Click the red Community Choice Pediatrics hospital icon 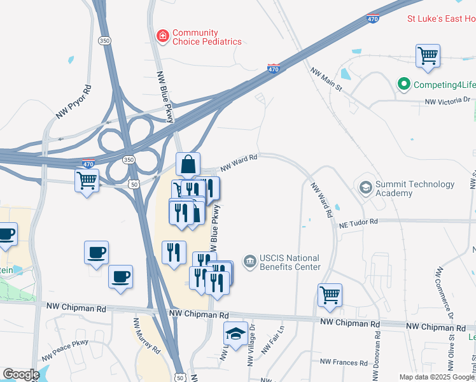[163, 36]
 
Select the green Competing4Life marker [403, 84]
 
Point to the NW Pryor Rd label [74, 102]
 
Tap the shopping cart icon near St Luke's [428, 55]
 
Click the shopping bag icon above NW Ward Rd [188, 165]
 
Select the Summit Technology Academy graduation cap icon [366, 187]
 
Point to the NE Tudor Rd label [358, 222]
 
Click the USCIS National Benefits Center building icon [249, 260]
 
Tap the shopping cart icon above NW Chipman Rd [330, 295]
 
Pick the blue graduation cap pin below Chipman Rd [235, 334]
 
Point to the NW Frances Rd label [344, 362]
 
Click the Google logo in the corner [21, 374]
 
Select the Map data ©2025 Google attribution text [437, 377]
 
